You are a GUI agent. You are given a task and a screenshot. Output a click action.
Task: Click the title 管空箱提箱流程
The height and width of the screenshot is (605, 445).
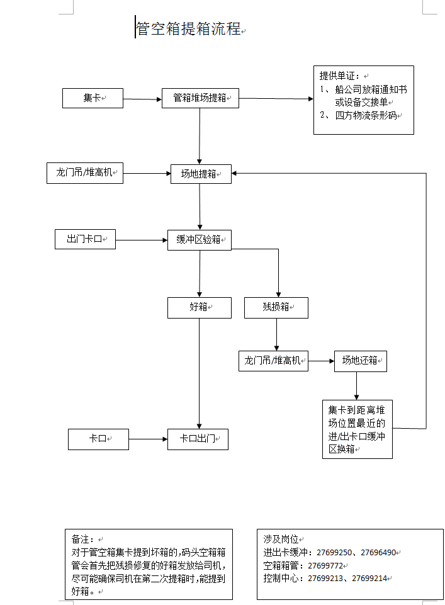pyautogui.click(x=188, y=28)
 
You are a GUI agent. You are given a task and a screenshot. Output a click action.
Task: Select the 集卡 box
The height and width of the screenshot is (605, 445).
pyautogui.click(x=92, y=98)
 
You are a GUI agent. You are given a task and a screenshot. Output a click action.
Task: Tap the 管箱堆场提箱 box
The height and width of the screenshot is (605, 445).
pyautogui.click(x=200, y=98)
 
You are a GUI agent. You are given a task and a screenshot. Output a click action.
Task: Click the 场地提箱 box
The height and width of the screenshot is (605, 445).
pyautogui.click(x=201, y=174)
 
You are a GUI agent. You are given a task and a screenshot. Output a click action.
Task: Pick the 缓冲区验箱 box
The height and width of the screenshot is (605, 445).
pyautogui.click(x=200, y=240)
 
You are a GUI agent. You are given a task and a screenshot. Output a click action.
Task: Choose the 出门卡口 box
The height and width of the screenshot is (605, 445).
pyautogui.click(x=85, y=240)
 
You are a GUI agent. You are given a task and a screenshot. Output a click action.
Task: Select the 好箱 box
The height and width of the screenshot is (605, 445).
pyautogui.click(x=200, y=307)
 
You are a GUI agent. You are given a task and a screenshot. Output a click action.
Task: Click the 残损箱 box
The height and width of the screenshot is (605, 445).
pyautogui.click(x=276, y=307)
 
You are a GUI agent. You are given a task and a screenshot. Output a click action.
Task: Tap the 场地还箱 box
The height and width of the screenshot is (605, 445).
pyautogui.click(x=360, y=361)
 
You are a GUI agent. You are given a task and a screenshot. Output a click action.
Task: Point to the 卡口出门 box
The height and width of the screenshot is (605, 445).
pyautogui.click(x=198, y=439)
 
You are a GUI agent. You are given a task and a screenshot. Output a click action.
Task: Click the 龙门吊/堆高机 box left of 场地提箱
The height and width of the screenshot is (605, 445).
pyautogui.click(x=85, y=172)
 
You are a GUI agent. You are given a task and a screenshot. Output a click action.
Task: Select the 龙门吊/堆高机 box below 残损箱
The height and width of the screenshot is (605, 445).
pyautogui.click(x=273, y=361)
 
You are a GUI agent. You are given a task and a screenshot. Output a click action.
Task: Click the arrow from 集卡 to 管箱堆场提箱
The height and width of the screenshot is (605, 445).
pyautogui.click(x=142, y=99)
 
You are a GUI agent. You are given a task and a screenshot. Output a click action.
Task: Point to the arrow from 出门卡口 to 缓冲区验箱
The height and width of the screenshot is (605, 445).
pyautogui.click(x=142, y=240)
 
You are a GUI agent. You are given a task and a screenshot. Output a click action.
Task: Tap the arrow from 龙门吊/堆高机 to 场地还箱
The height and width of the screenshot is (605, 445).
pyautogui.click(x=321, y=361)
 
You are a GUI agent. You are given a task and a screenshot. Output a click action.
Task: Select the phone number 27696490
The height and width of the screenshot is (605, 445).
pyautogui.click(x=378, y=553)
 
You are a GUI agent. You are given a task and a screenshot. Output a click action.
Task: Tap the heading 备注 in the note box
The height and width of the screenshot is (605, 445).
pyautogui.click(x=82, y=540)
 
